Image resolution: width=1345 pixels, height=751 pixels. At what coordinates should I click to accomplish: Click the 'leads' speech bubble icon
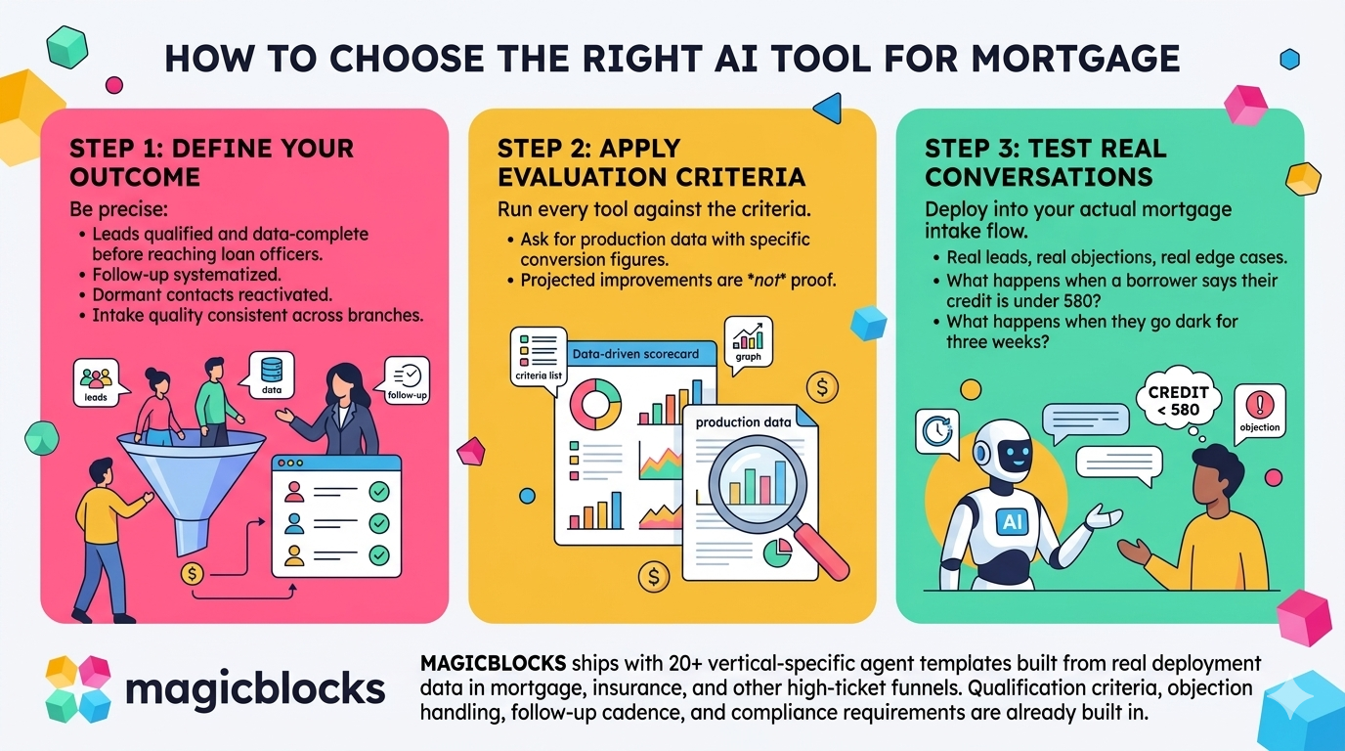point(97,382)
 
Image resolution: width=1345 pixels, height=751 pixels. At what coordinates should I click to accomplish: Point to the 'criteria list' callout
point(539,358)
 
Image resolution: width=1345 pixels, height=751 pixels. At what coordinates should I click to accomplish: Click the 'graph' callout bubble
point(748,341)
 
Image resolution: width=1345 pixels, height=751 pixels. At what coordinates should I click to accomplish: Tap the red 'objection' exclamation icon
point(1259,410)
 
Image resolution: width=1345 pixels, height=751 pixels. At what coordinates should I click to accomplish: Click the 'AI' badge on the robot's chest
point(1012,522)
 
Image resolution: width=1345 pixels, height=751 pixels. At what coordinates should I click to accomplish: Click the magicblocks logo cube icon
point(79,688)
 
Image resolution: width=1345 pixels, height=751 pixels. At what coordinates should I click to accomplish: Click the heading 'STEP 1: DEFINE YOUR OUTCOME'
point(211,162)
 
